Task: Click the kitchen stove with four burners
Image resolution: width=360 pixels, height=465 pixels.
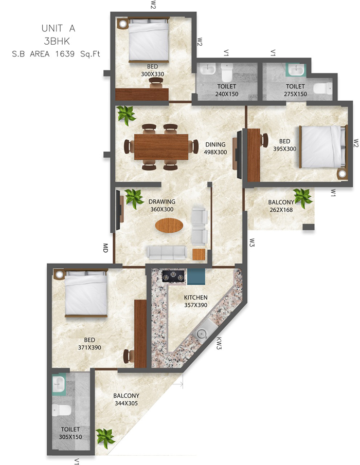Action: point(174,277)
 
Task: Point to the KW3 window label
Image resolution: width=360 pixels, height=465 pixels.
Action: point(219,344)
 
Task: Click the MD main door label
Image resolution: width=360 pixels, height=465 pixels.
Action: point(105,248)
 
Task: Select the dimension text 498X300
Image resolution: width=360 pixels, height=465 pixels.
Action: point(215,152)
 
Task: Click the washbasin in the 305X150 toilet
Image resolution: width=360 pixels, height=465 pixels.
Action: point(59,383)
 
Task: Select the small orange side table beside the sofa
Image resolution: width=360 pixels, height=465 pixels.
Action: point(199,254)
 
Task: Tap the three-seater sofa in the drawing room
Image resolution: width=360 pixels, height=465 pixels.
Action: point(166,251)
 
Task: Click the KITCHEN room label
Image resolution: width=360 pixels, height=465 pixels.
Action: point(195,297)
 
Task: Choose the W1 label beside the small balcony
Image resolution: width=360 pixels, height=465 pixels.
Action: point(333,193)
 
